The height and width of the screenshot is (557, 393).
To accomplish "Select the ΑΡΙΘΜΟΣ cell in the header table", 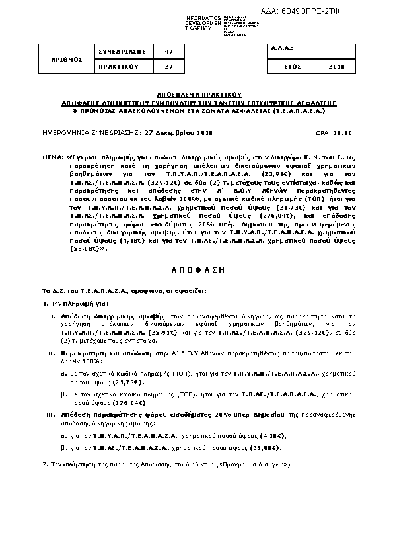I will tap(67, 59).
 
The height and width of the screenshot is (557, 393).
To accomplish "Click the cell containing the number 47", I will tap(169, 51).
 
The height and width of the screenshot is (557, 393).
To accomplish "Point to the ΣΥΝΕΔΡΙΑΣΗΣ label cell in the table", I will tap(121, 51).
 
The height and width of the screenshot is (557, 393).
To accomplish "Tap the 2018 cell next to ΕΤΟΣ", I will tap(336, 67).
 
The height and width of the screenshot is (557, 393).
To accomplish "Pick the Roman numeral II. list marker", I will tap(51, 354).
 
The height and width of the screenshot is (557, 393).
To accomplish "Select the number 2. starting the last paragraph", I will tap(44, 465).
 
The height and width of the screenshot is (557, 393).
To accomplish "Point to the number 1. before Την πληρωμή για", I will tap(44, 303).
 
